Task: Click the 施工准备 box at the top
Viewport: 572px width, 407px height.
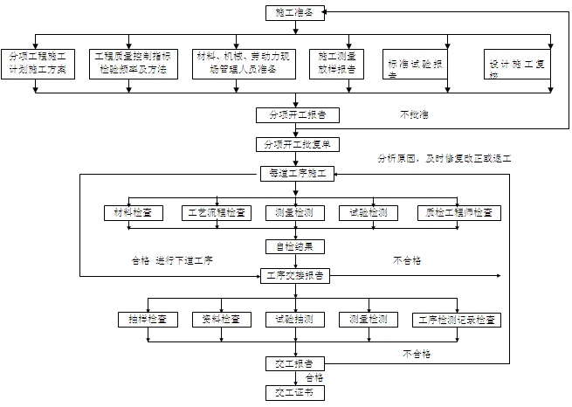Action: point(295,13)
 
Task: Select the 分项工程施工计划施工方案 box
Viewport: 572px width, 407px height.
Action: point(37,63)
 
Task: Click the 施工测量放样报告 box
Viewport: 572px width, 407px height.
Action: point(337,63)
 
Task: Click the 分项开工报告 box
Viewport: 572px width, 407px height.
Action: point(296,114)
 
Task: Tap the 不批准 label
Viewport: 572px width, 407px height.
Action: point(414,114)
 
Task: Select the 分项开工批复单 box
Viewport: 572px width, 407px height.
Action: point(296,144)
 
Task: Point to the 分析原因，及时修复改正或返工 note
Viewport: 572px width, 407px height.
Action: point(444,159)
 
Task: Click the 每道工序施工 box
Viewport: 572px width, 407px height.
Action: point(296,174)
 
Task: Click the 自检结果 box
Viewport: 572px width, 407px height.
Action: point(295,245)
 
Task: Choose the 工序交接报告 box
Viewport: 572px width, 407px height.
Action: point(295,275)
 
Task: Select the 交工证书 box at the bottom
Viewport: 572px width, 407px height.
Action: point(295,393)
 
